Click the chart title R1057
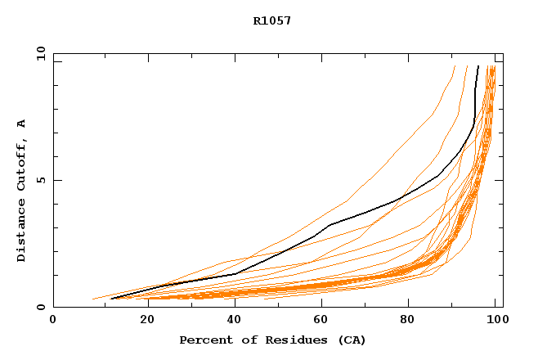point(271,21)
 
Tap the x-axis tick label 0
point(53,320)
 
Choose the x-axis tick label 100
point(495,320)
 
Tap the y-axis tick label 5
point(39,180)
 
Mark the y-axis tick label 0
point(39,308)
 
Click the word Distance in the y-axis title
point(22,234)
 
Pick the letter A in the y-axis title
point(22,124)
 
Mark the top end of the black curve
point(478,66)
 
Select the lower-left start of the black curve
point(111,299)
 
